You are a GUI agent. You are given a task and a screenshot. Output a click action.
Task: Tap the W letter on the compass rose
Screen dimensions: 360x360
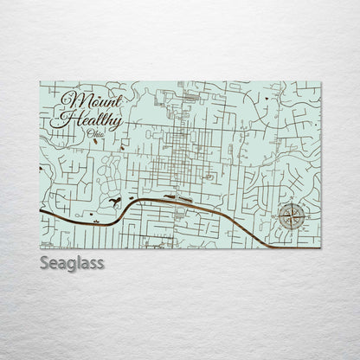pyautogui.click(x=278, y=218)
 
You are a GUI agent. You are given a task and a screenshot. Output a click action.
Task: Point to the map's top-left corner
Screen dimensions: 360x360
pyautogui.click(x=40, y=82)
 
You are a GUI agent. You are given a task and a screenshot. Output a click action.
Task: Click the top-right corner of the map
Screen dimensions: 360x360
pyautogui.click(x=321, y=82)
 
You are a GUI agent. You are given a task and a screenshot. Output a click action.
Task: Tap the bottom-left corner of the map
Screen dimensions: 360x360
pyautogui.click(x=40, y=248)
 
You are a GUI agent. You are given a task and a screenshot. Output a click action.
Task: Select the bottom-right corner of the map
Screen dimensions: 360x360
pyautogui.click(x=321, y=248)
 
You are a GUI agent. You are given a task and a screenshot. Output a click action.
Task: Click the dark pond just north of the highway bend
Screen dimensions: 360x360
pyautogui.click(x=115, y=203)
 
